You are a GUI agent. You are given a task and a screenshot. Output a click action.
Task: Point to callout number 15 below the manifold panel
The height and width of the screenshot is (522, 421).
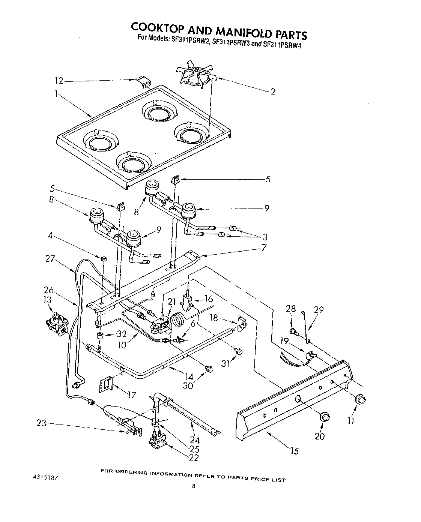[x=295, y=451]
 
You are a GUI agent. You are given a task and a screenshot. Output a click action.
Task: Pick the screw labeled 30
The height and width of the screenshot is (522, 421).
[x=210, y=369]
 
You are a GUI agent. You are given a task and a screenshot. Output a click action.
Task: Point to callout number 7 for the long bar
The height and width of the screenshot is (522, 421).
[x=264, y=247]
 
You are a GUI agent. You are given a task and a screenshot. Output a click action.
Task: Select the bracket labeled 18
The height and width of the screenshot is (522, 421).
[x=242, y=321]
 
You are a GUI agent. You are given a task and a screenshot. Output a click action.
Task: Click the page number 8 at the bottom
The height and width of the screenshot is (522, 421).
[x=193, y=486]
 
